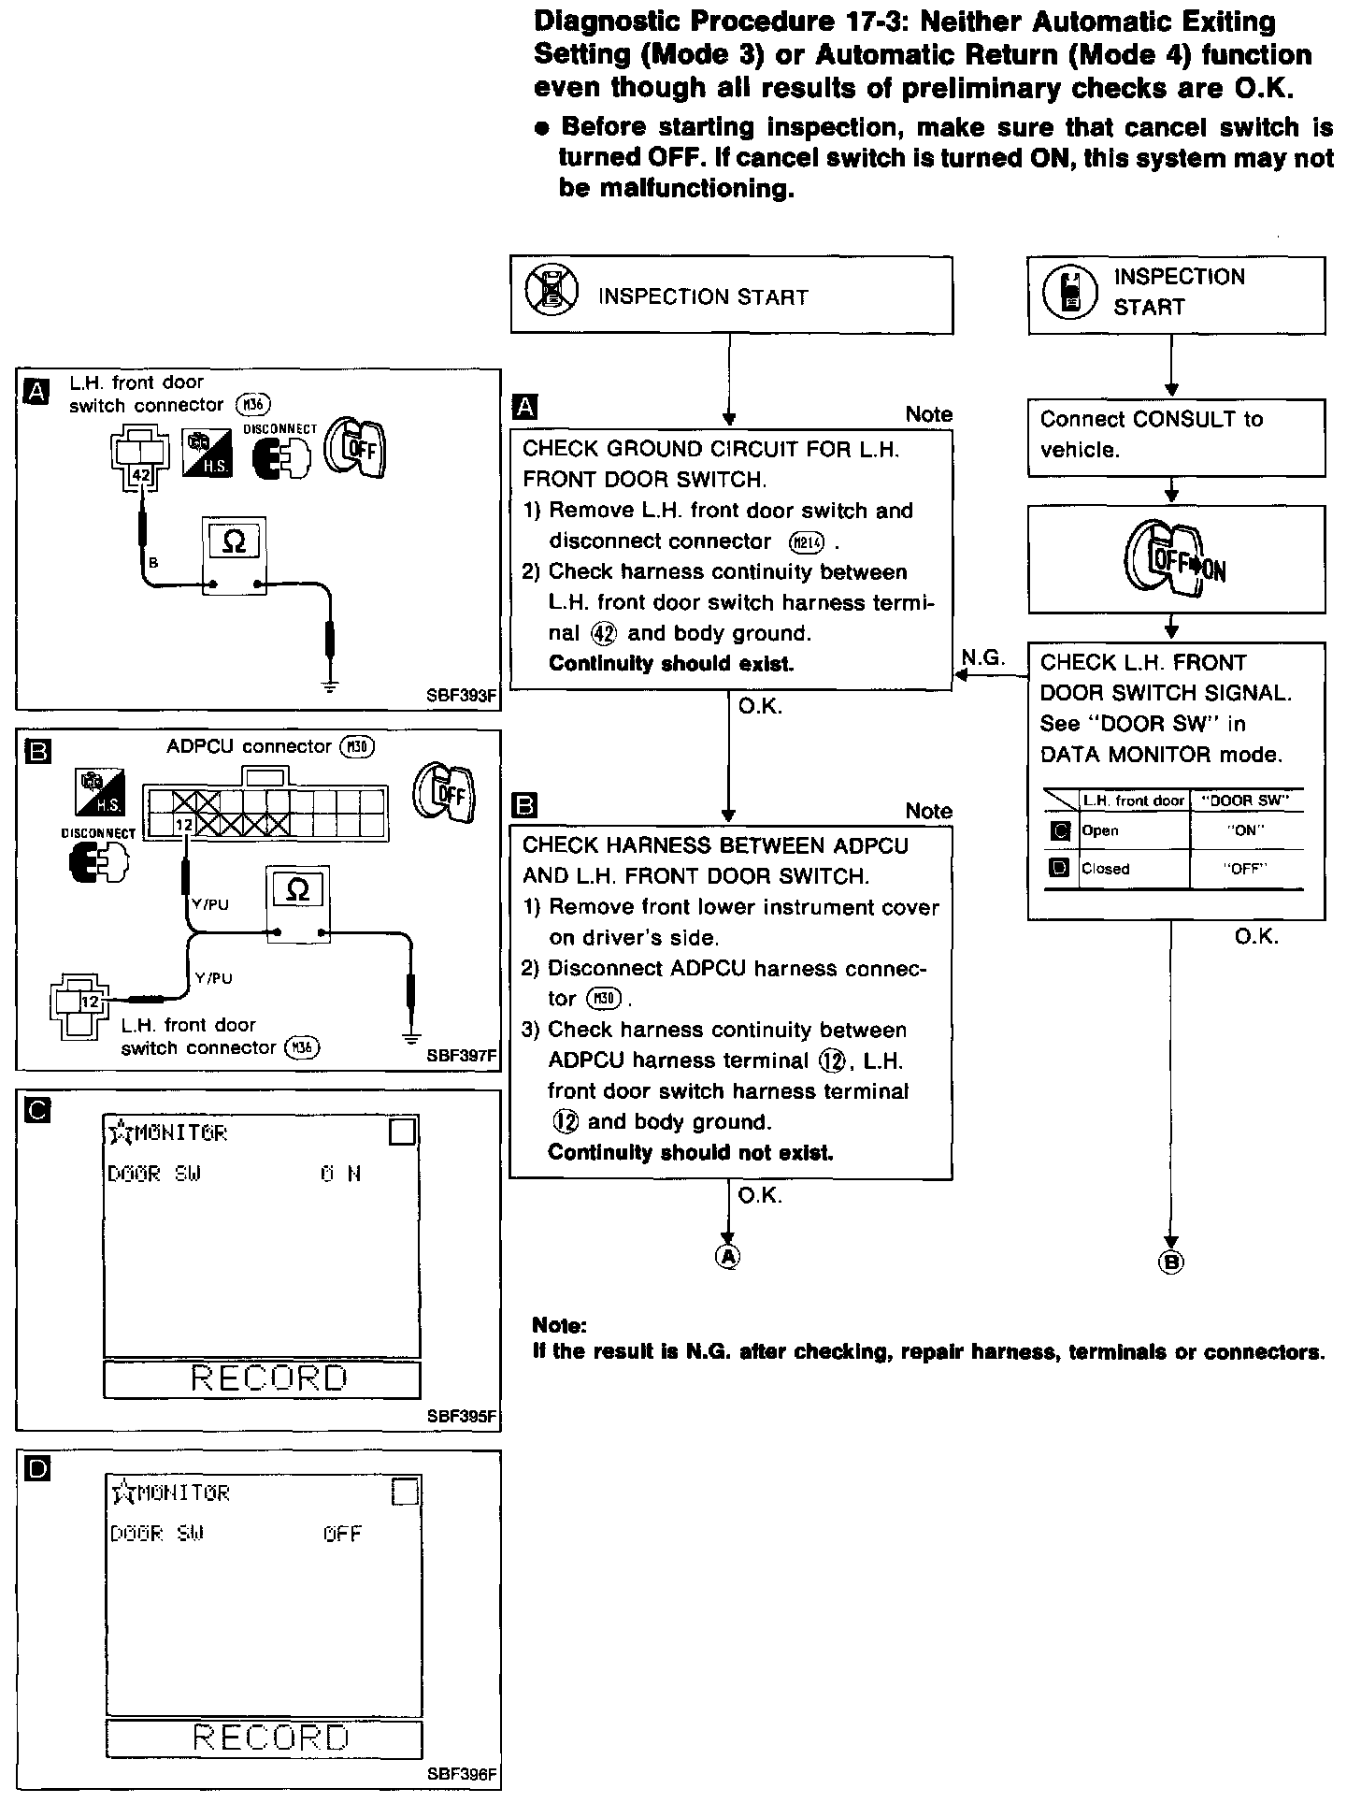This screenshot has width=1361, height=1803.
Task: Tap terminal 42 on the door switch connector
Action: (141, 475)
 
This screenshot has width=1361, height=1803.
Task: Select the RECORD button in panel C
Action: (262, 1378)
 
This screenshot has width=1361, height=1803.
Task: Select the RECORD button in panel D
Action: (265, 1738)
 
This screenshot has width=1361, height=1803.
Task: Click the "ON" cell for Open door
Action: (1244, 830)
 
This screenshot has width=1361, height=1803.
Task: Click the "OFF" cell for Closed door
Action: (1244, 869)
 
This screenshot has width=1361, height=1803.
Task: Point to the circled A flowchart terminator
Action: (727, 1257)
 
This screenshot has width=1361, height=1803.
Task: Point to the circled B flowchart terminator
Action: (1170, 1262)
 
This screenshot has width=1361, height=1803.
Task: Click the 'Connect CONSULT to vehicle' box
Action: (1176, 436)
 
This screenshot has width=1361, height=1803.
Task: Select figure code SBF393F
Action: (460, 696)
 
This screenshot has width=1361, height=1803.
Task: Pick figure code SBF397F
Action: (460, 1056)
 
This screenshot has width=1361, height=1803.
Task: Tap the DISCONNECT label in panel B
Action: (98, 833)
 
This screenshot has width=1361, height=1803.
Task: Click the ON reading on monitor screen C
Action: (340, 1174)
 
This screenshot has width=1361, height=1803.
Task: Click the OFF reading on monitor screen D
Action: (342, 1534)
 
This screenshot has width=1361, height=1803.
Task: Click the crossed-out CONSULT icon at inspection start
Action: (552, 293)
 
